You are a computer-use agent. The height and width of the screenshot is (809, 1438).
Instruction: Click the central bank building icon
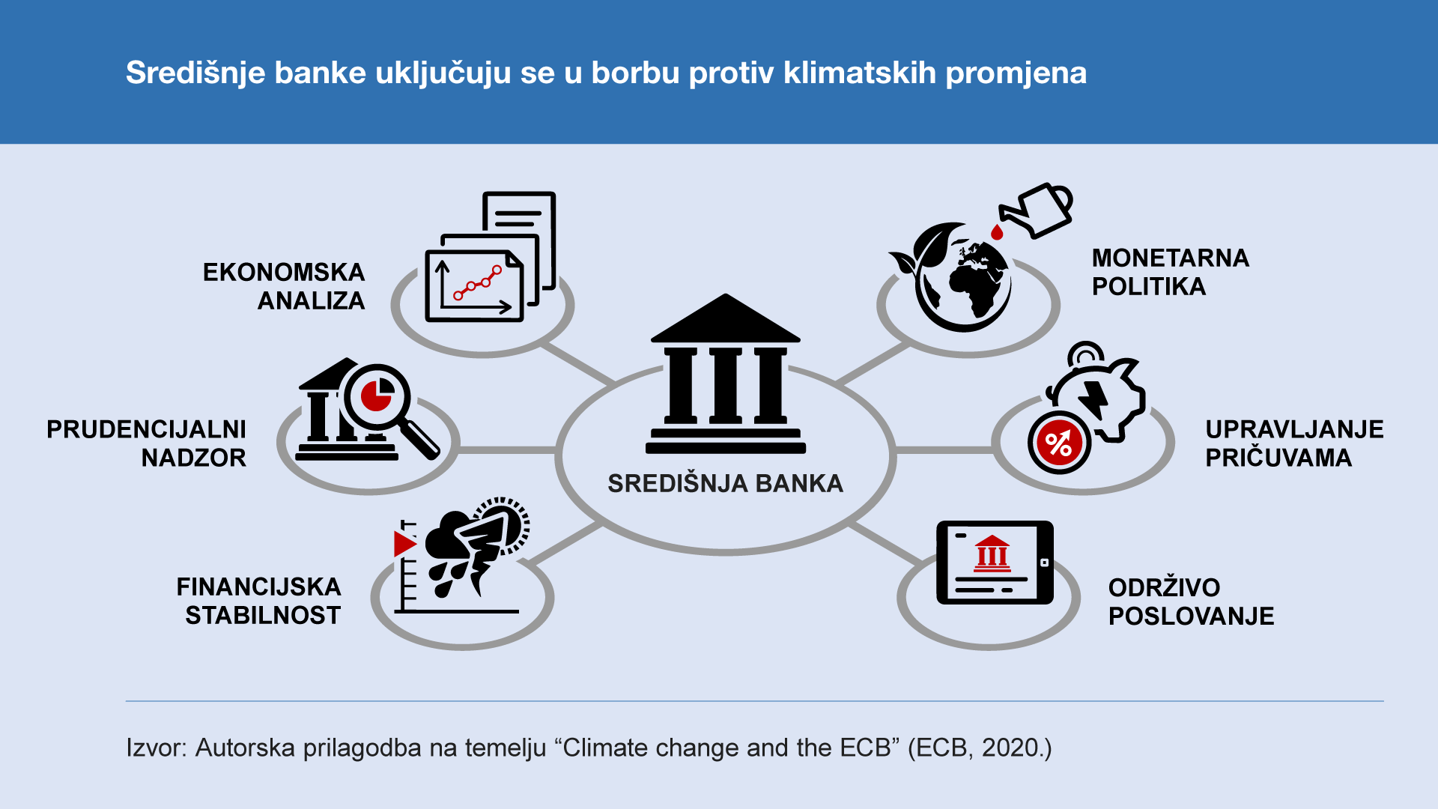point(725,375)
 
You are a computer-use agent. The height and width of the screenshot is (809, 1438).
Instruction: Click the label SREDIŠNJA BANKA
point(725,483)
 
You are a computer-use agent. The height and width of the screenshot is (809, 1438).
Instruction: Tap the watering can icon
point(1037,210)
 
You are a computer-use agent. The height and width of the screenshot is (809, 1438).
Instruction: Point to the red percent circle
point(1059,443)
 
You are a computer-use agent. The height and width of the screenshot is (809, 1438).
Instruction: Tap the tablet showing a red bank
point(995,563)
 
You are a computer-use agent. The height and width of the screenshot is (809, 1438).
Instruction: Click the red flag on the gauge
point(405,543)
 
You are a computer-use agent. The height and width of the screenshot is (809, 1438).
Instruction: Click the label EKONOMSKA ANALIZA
point(284,286)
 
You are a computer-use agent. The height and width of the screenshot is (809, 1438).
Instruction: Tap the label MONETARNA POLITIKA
point(1170,272)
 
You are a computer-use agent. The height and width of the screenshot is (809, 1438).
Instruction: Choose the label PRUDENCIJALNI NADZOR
point(146,443)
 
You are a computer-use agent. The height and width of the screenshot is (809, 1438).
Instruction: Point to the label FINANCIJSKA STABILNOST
point(258,601)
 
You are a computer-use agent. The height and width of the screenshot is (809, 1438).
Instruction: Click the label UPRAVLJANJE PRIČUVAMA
point(1294,443)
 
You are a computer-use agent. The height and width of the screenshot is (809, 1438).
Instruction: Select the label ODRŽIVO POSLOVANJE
point(1191,601)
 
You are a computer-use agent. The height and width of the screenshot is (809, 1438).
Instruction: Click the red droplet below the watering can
point(997,232)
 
